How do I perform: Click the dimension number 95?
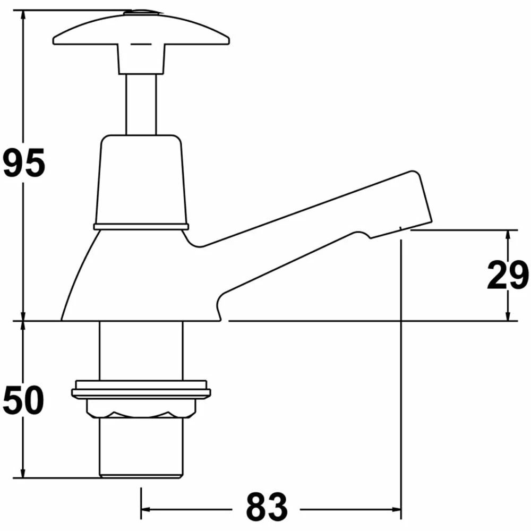pos(24,164)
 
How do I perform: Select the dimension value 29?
pos(508,276)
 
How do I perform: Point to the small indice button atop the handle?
pos(141,12)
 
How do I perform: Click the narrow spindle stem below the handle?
pos(141,104)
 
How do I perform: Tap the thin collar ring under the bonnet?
pos(141,227)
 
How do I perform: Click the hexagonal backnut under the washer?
pos(141,408)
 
